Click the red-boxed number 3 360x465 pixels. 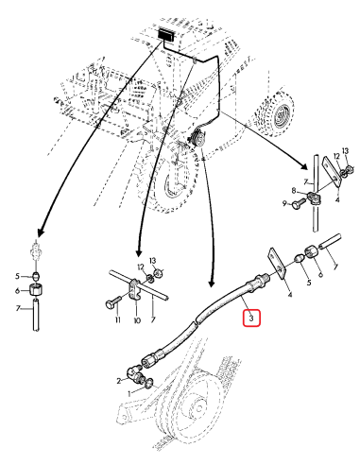(x=251, y=319)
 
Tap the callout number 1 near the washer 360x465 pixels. (x=129, y=393)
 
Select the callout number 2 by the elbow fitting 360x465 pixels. (x=119, y=381)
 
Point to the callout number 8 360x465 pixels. (x=294, y=190)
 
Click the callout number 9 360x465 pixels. (x=284, y=204)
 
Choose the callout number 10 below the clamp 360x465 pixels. (x=137, y=320)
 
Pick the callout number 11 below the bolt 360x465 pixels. (x=118, y=320)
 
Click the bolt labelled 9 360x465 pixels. (x=299, y=203)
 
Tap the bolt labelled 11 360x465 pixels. (x=113, y=301)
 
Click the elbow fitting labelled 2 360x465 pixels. (x=134, y=371)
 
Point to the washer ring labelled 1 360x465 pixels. (x=149, y=383)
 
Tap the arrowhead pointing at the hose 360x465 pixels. (x=212, y=283)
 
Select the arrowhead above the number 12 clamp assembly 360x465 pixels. (x=138, y=253)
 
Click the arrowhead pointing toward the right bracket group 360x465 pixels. (x=304, y=166)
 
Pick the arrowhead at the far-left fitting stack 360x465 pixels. (x=41, y=232)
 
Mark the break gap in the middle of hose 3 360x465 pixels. (x=196, y=320)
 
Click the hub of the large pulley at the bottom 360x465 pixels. (x=198, y=408)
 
